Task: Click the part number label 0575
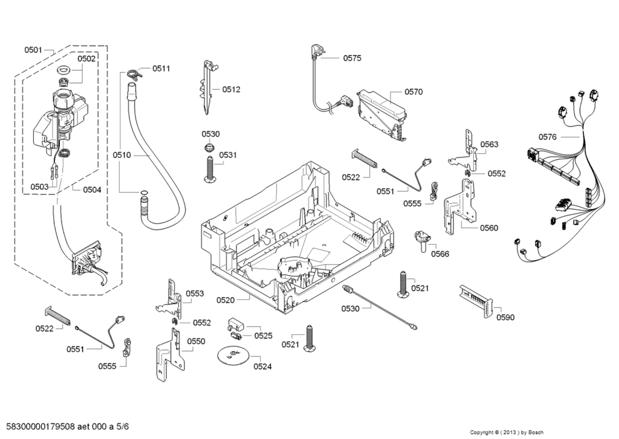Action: [352, 58]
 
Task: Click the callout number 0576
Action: [547, 137]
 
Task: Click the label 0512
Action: [231, 90]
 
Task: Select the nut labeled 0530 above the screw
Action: [208, 148]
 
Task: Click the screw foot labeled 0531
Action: [209, 168]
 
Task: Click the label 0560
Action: [489, 228]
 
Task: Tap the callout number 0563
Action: [489, 144]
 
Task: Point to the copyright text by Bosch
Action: [507, 432]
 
